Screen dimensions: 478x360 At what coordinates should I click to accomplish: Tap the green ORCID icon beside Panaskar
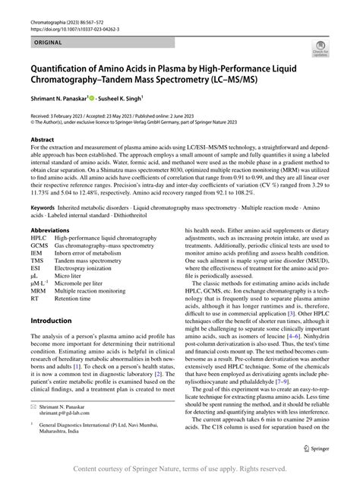click(x=94, y=97)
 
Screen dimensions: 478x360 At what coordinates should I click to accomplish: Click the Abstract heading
click(x=41, y=141)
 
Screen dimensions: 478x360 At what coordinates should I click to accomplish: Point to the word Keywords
click(x=45, y=207)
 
